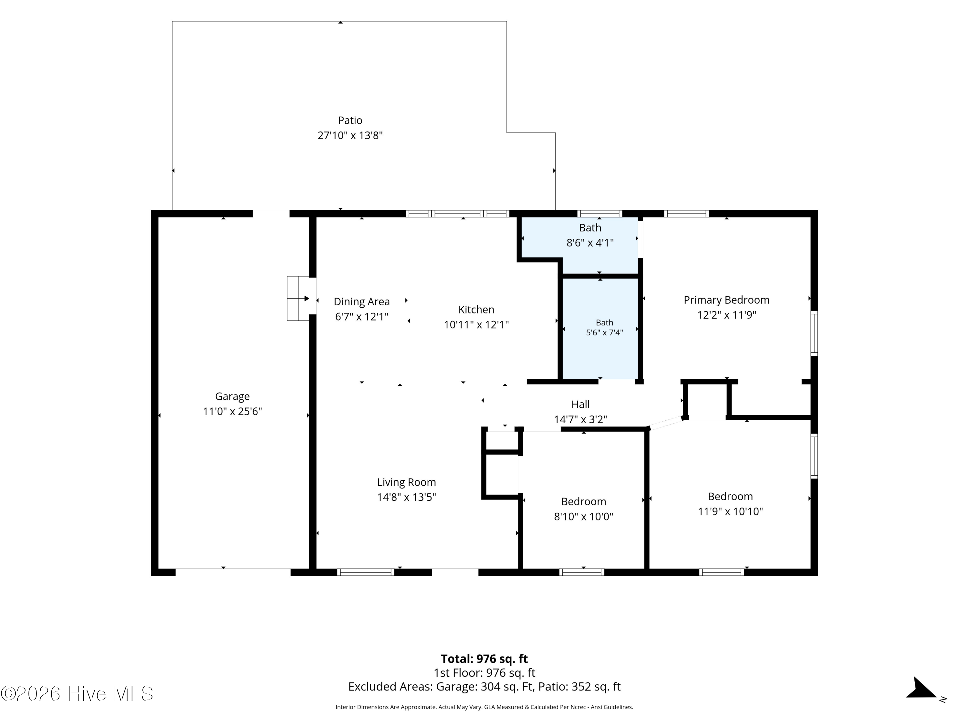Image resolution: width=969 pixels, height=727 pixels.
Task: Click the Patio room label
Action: click(x=350, y=120)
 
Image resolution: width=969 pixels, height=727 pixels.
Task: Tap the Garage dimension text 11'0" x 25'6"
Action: click(x=232, y=411)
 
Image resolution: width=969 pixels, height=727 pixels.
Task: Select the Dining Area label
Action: click(x=361, y=301)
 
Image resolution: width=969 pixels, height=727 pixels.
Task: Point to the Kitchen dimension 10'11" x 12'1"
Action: click(x=476, y=325)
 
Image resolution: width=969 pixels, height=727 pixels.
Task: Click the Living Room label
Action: click(x=407, y=482)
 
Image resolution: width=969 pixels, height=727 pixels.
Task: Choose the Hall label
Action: click(x=580, y=404)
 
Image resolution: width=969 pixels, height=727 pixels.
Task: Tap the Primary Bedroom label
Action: click(x=726, y=300)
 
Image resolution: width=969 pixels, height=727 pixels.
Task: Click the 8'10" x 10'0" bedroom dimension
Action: click(x=584, y=516)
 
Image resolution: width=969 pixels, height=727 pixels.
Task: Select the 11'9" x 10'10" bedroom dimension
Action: click(x=730, y=511)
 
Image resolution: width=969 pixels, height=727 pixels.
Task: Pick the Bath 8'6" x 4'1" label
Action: click(x=590, y=235)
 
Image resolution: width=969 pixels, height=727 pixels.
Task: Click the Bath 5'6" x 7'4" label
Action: click(x=605, y=327)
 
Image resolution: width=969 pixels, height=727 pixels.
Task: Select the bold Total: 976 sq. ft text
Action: click(x=484, y=659)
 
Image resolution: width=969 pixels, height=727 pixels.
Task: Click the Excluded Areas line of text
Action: click(x=484, y=686)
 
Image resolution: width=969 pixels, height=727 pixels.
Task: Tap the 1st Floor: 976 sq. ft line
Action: click(x=484, y=673)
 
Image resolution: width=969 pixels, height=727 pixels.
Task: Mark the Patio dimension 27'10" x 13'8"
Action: click(x=350, y=135)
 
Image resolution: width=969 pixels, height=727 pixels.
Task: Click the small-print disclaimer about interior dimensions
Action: click(x=484, y=707)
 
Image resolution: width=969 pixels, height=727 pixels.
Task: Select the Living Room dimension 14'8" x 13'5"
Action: click(x=407, y=497)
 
